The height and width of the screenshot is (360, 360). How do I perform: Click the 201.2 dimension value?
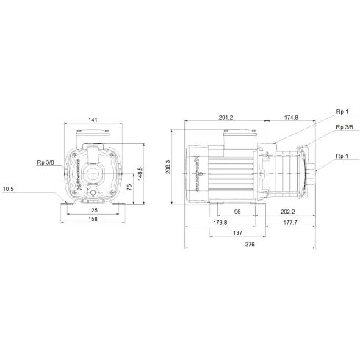point(226,116)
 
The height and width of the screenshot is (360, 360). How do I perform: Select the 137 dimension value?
point(238,233)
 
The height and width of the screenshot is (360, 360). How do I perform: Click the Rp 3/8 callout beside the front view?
point(45,162)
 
